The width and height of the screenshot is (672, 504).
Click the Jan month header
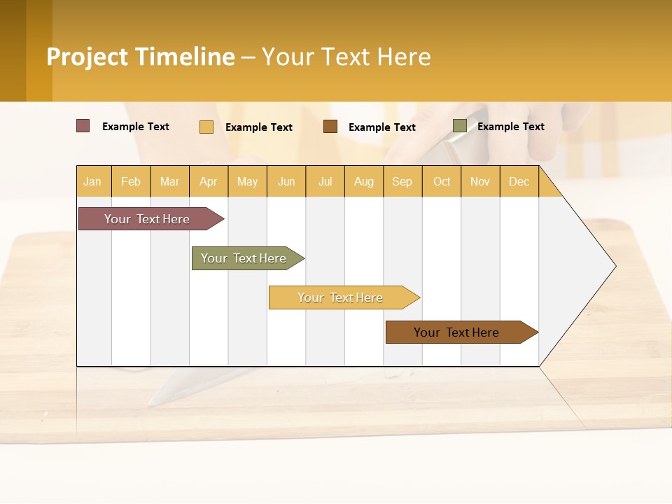pos(92,182)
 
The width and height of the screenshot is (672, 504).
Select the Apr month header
pos(208,182)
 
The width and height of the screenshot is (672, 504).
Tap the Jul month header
pos(325,182)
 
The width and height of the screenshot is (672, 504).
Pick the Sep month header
pos(402,182)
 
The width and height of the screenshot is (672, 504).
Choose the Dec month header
pos(519,182)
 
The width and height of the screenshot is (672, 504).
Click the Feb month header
pos(131,182)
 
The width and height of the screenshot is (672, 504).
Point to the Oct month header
pos(442,182)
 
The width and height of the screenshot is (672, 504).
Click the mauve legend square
pos(83,126)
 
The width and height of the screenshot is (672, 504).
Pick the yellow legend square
pos(206,127)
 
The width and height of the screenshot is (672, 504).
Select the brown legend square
pos(330,127)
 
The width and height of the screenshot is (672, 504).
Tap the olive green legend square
pos(459,126)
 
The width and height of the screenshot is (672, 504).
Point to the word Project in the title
pos(87,57)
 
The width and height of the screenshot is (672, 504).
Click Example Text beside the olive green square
pos(510,127)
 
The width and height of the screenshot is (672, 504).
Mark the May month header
pos(247,182)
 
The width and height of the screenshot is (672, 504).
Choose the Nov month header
pos(480,182)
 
